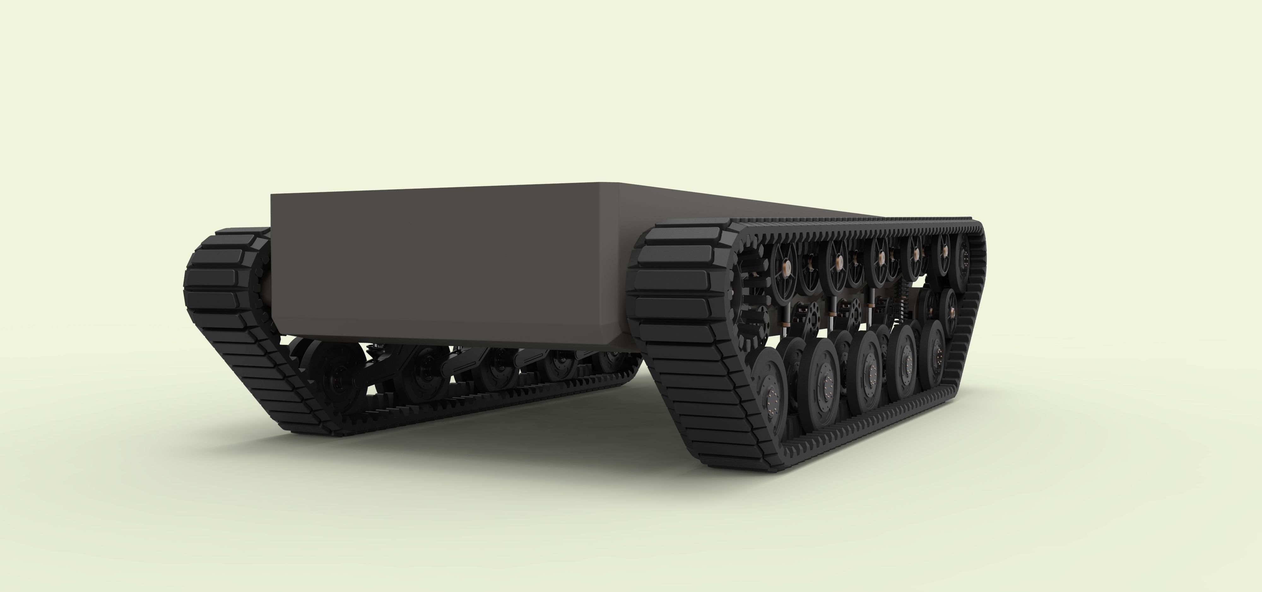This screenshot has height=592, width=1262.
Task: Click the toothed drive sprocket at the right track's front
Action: click(x=750, y=289)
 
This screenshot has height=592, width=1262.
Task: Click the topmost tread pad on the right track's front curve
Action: click(x=686, y=233)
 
